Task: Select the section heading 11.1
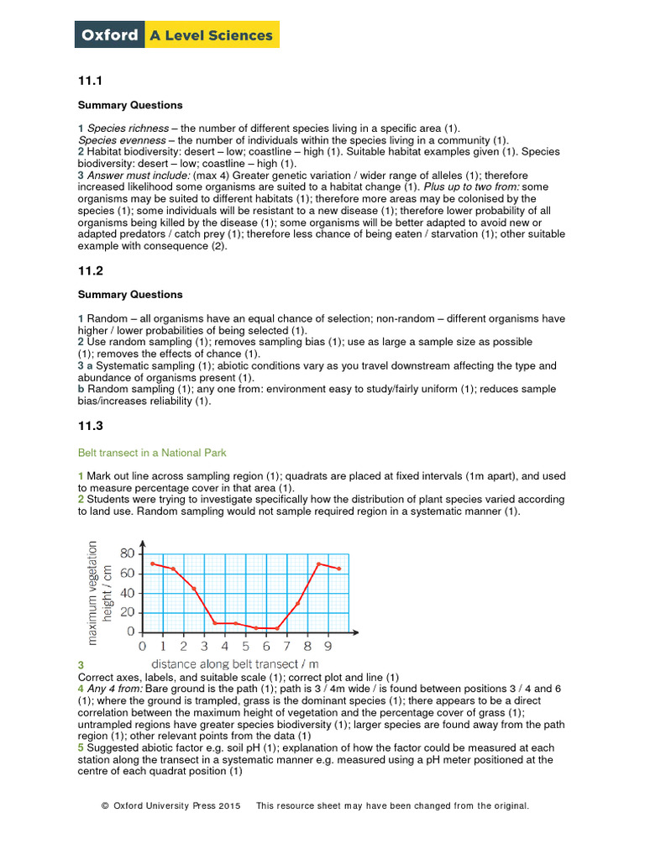pyautogui.click(x=90, y=81)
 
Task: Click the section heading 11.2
pyautogui.click(x=90, y=271)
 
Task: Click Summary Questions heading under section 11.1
pyautogui.click(x=129, y=106)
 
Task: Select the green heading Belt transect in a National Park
pyautogui.click(x=152, y=454)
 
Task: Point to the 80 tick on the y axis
pyautogui.click(x=127, y=553)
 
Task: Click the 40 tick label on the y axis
pyautogui.click(x=127, y=593)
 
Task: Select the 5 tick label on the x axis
pyautogui.click(x=245, y=648)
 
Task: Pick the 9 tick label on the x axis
pyautogui.click(x=328, y=648)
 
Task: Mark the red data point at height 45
pyautogui.click(x=194, y=588)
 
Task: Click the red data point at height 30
pyautogui.click(x=297, y=603)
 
